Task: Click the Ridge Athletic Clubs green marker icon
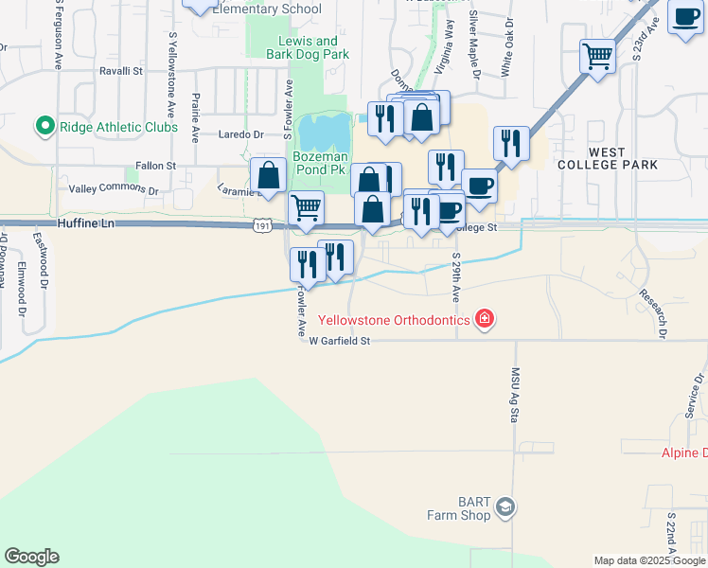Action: [x=44, y=127]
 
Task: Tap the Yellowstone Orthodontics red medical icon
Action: [x=484, y=319]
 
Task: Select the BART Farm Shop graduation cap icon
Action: [x=506, y=508]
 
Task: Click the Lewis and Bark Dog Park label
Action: [x=307, y=47]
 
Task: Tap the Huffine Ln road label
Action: [x=86, y=223]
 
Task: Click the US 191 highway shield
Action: [x=263, y=225]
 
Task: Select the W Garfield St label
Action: [x=338, y=341]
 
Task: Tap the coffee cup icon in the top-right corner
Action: [x=684, y=16]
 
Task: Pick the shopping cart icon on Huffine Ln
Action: [x=306, y=208]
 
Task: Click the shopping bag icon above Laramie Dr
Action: [x=269, y=175]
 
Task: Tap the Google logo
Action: [x=31, y=557]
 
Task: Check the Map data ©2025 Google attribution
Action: [x=648, y=560]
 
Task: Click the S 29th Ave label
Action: [x=455, y=276]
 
